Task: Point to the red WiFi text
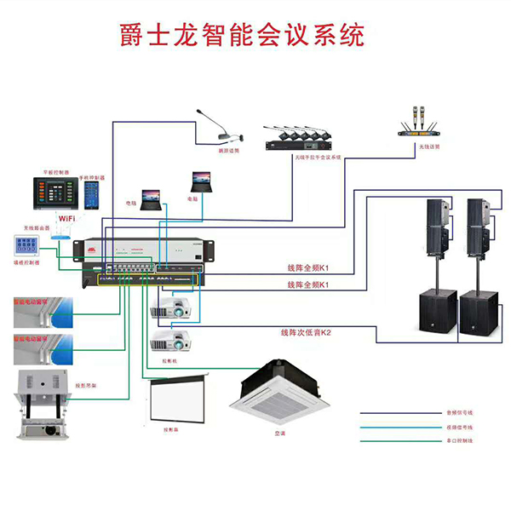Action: [66, 219]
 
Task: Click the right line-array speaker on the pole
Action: [479, 228]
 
